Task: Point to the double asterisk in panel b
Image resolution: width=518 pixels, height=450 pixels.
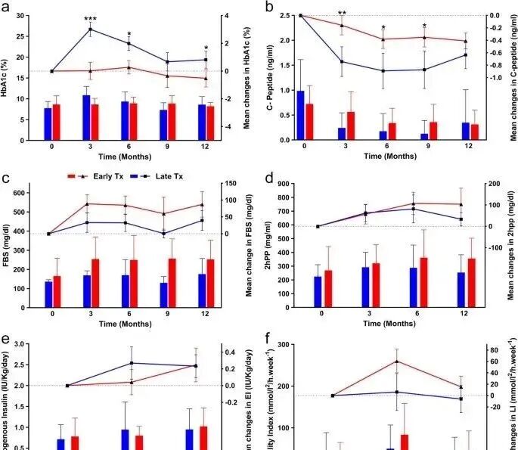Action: (x=342, y=14)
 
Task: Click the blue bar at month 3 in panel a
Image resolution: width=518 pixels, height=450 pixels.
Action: (x=86, y=117)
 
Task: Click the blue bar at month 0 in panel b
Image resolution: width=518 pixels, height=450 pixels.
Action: (x=300, y=115)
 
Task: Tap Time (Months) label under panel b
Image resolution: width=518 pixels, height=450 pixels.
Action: (x=383, y=157)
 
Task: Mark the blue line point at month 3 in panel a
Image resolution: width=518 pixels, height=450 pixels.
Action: (x=91, y=30)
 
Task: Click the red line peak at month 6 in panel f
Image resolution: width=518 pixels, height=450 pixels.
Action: (x=397, y=361)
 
